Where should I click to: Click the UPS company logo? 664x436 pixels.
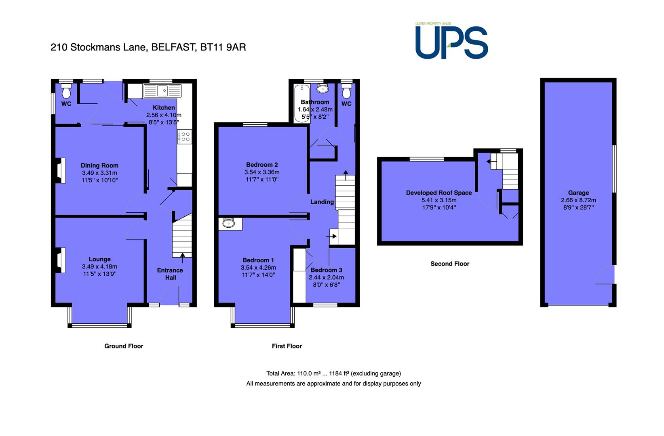click(451, 41)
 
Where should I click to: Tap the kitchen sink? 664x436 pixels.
click(162, 91)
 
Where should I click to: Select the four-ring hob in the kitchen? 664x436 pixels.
click(184, 136)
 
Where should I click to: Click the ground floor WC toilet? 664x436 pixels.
click(66, 91)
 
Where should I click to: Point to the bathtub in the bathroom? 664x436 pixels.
click(302, 103)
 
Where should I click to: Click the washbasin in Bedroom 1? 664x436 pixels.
click(229, 223)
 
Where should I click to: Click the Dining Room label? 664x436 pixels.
click(99, 166)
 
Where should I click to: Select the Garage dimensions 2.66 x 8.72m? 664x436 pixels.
click(578, 200)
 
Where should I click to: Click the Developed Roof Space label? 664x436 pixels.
click(439, 193)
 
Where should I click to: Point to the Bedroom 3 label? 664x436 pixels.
click(327, 270)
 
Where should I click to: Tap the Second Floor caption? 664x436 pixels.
click(450, 264)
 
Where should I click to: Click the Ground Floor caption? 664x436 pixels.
click(124, 346)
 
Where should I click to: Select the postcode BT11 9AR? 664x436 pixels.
click(223, 47)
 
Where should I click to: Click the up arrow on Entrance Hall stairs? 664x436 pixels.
click(182, 258)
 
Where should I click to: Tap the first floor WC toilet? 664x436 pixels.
click(346, 91)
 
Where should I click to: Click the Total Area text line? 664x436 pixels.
click(333, 373)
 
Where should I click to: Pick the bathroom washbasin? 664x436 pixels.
click(323, 88)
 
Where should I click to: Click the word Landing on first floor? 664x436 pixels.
click(322, 202)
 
